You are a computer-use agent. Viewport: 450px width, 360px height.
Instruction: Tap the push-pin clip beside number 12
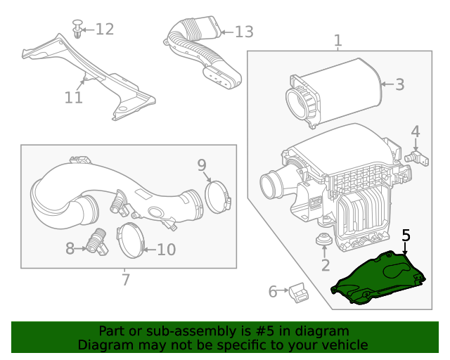tap(77, 30)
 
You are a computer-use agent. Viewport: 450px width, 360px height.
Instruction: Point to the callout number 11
tap(74, 97)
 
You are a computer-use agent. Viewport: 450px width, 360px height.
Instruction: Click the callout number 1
tap(338, 41)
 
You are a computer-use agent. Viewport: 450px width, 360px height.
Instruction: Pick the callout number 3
tap(399, 85)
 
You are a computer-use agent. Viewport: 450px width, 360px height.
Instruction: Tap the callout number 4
tap(416, 131)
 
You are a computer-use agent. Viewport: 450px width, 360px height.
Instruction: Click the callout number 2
tap(325, 265)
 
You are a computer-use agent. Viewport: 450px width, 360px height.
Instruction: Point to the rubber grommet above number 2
tap(324, 240)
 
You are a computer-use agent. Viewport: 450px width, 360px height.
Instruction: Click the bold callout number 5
tap(406, 236)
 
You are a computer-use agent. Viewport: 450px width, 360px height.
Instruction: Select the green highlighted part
tap(380, 281)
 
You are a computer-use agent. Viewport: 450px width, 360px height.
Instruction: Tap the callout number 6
tap(273, 291)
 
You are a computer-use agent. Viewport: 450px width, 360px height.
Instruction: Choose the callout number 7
tap(125, 280)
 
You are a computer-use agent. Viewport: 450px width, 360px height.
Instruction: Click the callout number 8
tap(70, 248)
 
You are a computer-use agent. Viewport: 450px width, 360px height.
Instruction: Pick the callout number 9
tap(202, 165)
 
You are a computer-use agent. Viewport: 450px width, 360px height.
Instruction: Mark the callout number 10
tap(166, 249)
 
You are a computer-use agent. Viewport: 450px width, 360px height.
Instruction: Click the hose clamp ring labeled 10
tap(130, 240)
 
